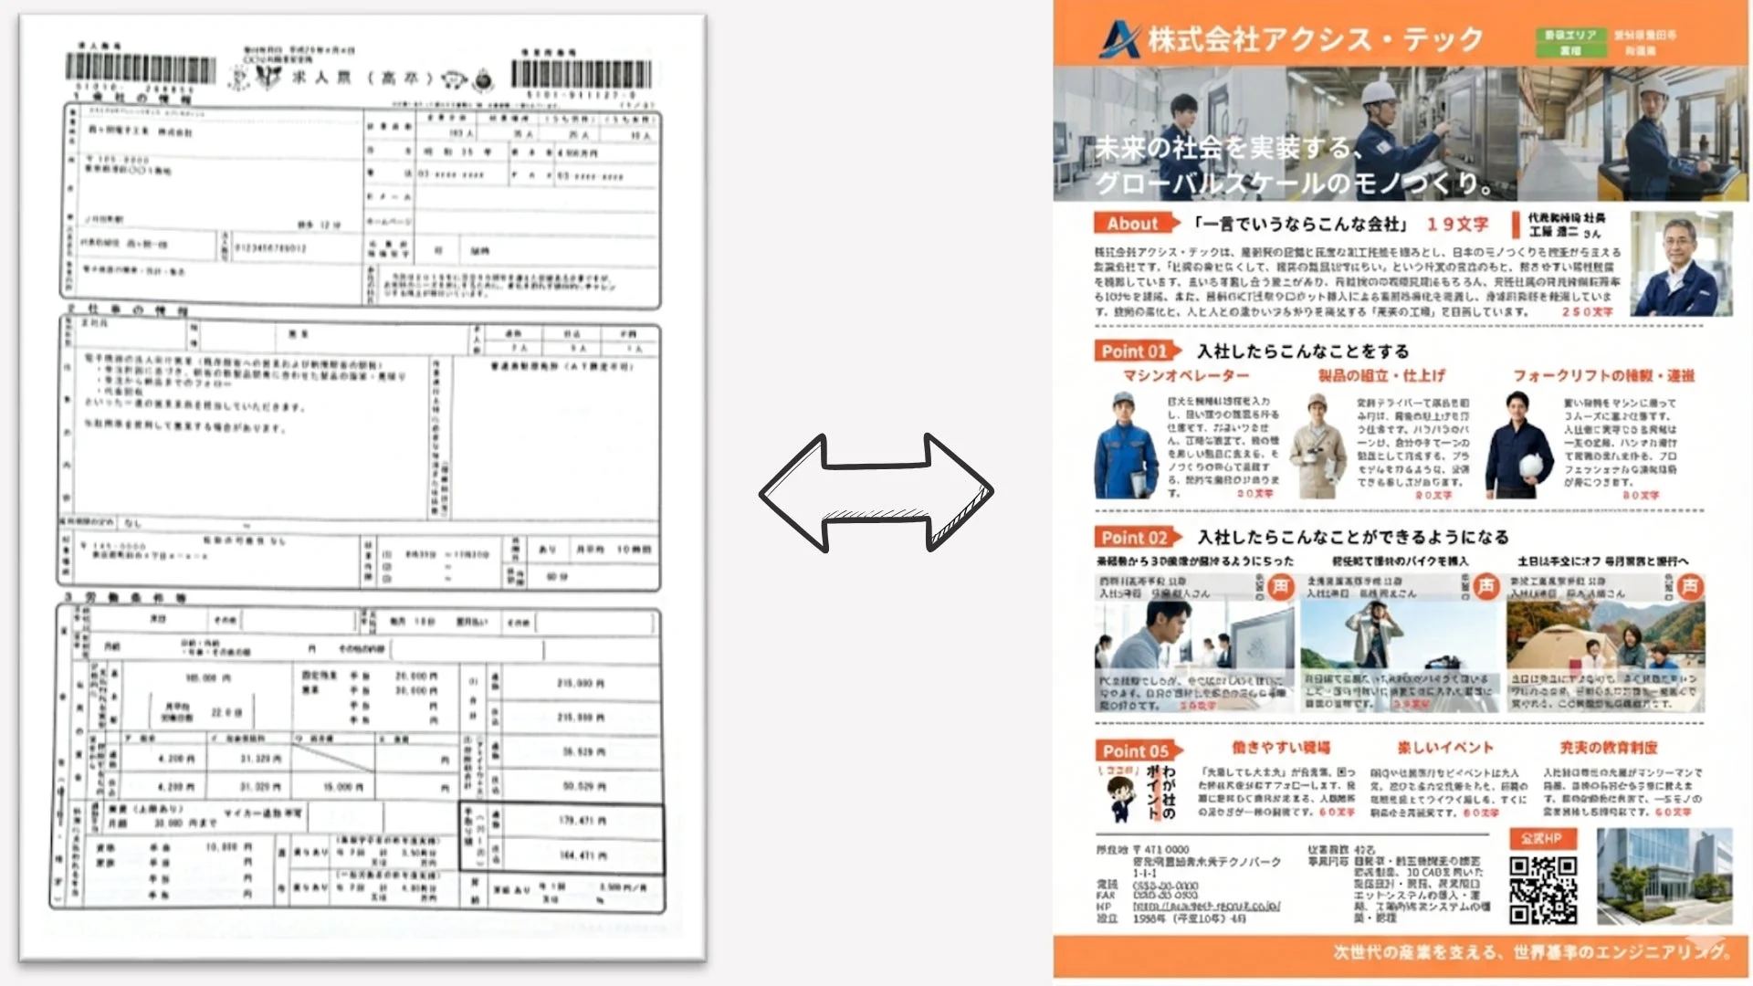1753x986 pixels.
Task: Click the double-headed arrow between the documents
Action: click(x=876, y=493)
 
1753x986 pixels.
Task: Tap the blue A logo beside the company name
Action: click(x=1119, y=38)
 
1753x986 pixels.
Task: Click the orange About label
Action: click(x=1132, y=224)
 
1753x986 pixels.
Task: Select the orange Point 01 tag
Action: click(x=1135, y=351)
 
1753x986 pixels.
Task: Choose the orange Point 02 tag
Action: click(x=1135, y=538)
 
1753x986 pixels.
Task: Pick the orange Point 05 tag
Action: click(x=1136, y=751)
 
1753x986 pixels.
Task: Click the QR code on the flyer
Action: click(x=1543, y=890)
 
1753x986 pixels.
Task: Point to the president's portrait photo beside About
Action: click(x=1681, y=264)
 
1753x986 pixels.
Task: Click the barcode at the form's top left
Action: click(x=141, y=69)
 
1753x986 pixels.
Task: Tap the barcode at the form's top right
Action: click(x=582, y=74)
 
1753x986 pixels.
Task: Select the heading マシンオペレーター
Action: click(x=1186, y=376)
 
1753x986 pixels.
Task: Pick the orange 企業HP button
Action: click(x=1541, y=838)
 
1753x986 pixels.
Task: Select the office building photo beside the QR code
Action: click(x=1664, y=876)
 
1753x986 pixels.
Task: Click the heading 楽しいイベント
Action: click(x=1445, y=748)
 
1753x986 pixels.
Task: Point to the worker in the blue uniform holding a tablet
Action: click(x=1126, y=446)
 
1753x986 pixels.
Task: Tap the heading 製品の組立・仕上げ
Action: click(x=1381, y=376)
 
